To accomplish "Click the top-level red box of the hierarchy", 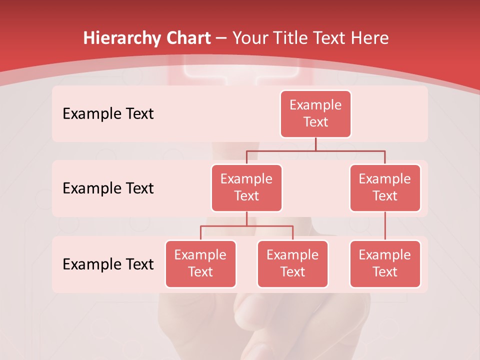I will click(x=315, y=113).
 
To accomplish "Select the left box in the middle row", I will click(x=246, y=187).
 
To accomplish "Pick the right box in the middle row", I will click(x=385, y=187).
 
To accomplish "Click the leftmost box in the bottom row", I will click(x=200, y=263).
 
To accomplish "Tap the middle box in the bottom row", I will click(x=292, y=263).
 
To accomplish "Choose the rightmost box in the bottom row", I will click(x=385, y=263).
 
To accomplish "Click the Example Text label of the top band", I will click(x=108, y=113).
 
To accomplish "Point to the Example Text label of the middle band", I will click(x=108, y=188).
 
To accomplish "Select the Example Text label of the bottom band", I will click(x=108, y=264).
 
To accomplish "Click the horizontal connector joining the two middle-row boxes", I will click(x=315, y=150).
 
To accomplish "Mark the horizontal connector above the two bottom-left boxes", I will click(x=246, y=226).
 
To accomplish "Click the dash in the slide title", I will click(x=221, y=38).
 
